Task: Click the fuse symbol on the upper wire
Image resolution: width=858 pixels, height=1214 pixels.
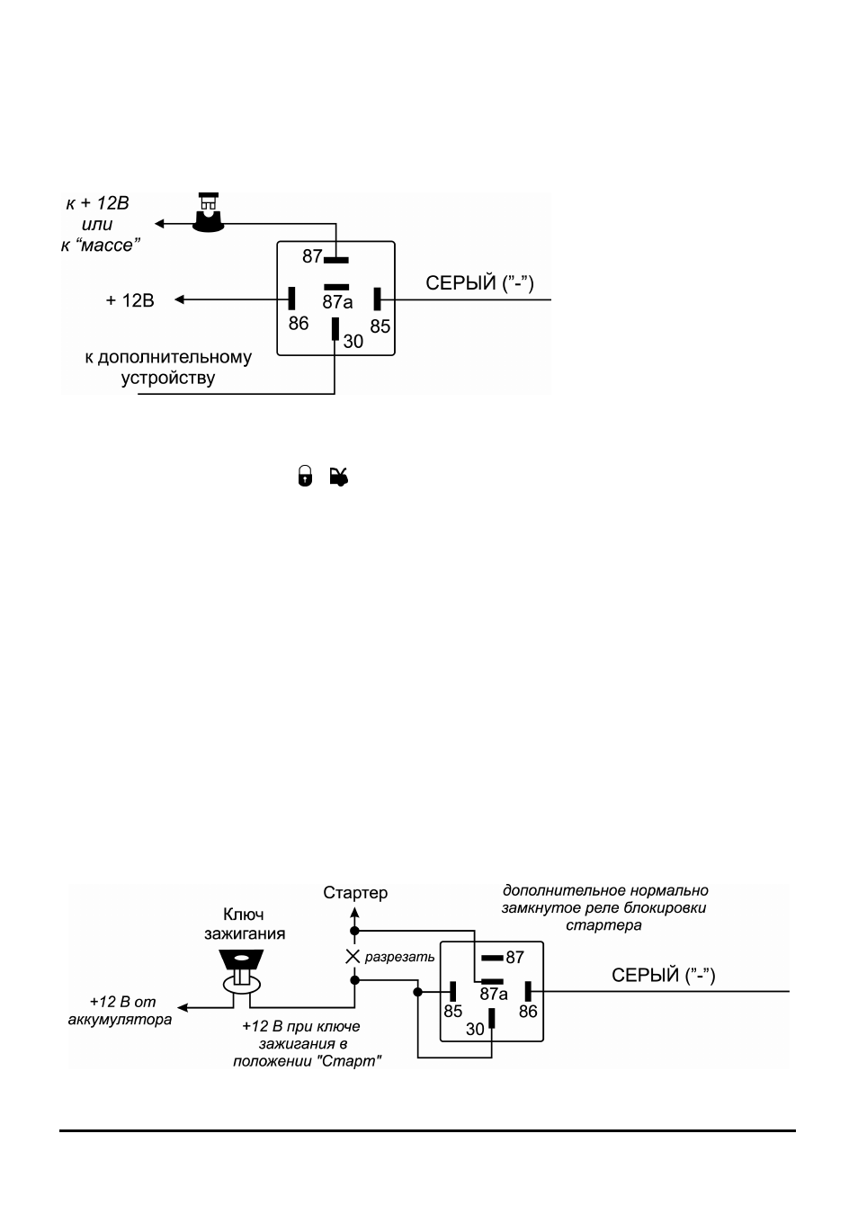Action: coord(209,212)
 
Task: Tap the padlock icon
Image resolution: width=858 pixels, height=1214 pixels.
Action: coord(305,476)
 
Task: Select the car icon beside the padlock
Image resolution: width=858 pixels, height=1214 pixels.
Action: coord(339,477)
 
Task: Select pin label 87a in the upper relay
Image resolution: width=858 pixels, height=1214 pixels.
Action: coord(337,302)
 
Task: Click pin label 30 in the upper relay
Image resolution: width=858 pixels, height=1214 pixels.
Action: coord(353,342)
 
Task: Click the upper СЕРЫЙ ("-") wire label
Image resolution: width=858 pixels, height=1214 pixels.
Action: coord(479,283)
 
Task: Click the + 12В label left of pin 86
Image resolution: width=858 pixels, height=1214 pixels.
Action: coord(130,300)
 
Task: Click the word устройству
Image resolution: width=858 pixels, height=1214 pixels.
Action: coord(168,379)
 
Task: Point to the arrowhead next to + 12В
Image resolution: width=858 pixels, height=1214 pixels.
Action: coord(179,299)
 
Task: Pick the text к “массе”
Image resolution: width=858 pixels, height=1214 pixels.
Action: coord(100,245)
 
